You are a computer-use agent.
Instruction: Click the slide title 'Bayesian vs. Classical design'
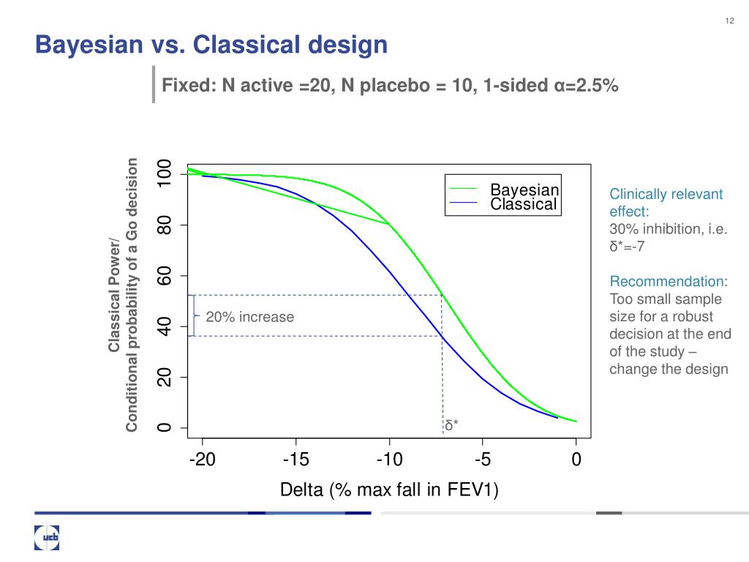(211, 45)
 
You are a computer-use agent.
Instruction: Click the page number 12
(729, 20)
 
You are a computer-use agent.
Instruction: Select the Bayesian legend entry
(524, 190)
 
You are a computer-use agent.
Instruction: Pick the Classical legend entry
(523, 204)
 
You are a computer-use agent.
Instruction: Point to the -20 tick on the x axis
(201, 460)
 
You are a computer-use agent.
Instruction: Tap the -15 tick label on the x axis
(296, 460)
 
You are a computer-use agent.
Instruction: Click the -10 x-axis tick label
(389, 460)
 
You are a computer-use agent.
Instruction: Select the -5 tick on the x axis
(483, 460)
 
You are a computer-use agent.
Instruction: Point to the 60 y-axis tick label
(165, 276)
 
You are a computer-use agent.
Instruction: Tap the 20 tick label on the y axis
(165, 378)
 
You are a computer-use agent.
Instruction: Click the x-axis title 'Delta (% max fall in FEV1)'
(389, 490)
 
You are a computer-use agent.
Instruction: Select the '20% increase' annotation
(249, 317)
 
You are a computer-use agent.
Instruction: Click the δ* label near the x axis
(451, 425)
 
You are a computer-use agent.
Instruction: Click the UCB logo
(47, 538)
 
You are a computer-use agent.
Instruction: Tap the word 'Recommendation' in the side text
(666, 282)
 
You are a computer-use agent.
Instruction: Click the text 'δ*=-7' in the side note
(627, 246)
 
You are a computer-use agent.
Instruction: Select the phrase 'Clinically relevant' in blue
(666, 194)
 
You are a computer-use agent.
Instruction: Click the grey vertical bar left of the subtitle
(154, 83)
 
